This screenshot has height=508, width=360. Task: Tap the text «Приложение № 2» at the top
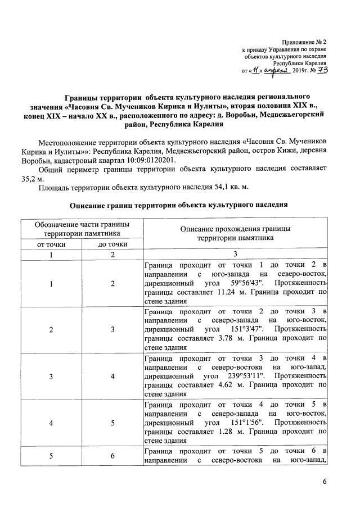point(307,43)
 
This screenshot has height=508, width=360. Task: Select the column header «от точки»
point(51,244)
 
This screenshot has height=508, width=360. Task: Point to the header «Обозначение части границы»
point(82,224)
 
